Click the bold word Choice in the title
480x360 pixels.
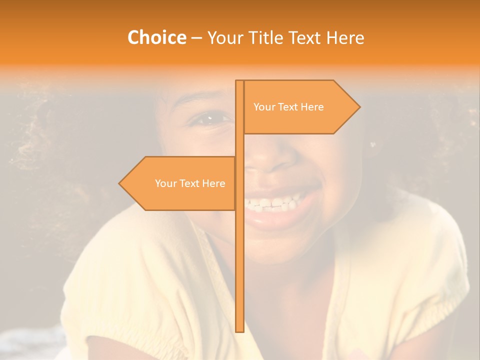click(x=156, y=37)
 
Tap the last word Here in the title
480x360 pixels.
click(x=345, y=37)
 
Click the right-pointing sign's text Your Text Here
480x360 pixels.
click(x=288, y=107)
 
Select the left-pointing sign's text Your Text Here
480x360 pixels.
click(x=190, y=183)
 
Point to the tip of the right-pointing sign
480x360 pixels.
click(x=359, y=107)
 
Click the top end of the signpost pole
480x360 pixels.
click(x=239, y=81)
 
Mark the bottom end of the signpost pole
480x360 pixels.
click(x=239, y=330)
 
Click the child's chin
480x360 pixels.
click(x=280, y=245)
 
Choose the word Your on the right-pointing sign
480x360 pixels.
click(x=264, y=107)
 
